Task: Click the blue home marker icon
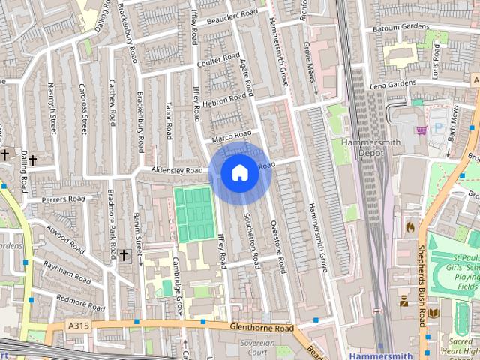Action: click(239, 173)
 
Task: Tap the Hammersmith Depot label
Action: click(361, 147)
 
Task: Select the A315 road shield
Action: click(77, 325)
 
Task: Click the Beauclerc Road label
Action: click(232, 14)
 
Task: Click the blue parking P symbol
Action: click(439, 129)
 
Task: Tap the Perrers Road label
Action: click(64, 199)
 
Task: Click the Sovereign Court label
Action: click(257, 346)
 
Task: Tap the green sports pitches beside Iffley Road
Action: click(195, 214)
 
